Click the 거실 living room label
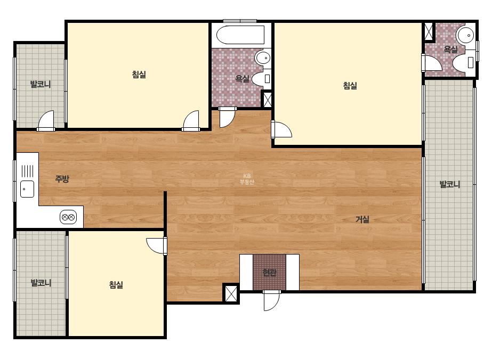(362, 219)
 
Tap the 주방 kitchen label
(62, 179)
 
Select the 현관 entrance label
(269, 272)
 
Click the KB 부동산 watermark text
(247, 179)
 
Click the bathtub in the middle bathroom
(240, 35)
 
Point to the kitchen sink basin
(27, 189)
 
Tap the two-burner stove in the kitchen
(68, 217)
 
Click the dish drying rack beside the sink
(27, 171)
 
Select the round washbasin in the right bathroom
(466, 35)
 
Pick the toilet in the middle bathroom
(261, 79)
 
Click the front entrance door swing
(271, 300)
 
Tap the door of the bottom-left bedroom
(157, 245)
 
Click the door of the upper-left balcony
(46, 121)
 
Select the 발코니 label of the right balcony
(450, 184)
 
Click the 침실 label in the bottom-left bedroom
(116, 285)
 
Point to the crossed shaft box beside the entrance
(231, 293)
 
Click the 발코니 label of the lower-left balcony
(41, 283)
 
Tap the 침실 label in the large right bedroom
(350, 86)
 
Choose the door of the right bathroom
(431, 62)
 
